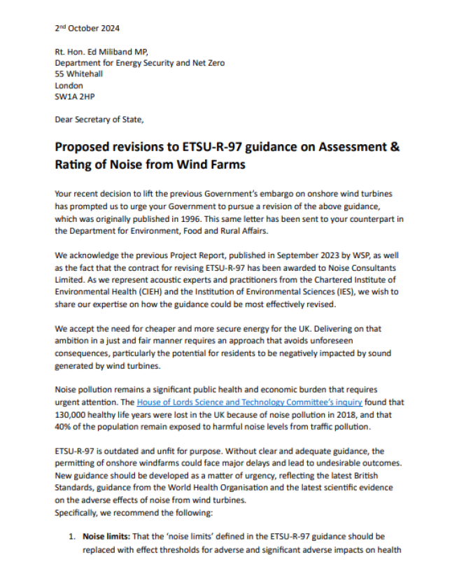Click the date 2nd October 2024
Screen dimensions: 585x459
point(87,29)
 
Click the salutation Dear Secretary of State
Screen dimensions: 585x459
point(99,120)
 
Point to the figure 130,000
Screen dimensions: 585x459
point(73,415)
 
